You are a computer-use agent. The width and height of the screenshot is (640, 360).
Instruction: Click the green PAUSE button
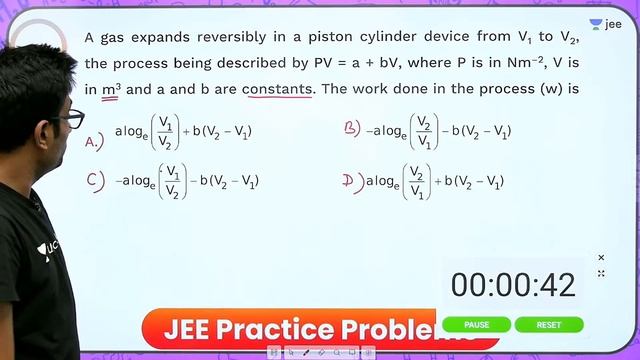point(477,325)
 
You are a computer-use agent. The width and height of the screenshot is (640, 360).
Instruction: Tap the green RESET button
point(549,325)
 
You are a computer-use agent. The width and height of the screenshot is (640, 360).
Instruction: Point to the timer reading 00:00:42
point(513,285)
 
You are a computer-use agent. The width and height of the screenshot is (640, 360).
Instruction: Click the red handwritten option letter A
point(95,141)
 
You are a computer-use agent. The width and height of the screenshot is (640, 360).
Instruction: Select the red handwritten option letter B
point(351,129)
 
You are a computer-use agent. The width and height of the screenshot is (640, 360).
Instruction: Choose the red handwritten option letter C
point(95,181)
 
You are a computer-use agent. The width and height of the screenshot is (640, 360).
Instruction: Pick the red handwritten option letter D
point(350,180)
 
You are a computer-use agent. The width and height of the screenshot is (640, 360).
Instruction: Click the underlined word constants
point(278,88)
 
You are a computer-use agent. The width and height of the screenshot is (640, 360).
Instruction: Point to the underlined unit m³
point(111,88)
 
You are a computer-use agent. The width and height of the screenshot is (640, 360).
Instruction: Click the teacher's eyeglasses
point(70,118)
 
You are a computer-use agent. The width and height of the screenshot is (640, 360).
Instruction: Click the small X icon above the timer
point(601,257)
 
